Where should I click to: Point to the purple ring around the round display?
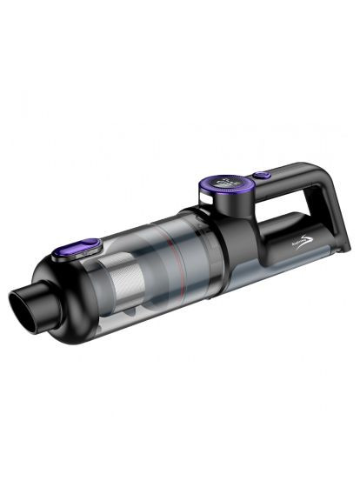207,185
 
